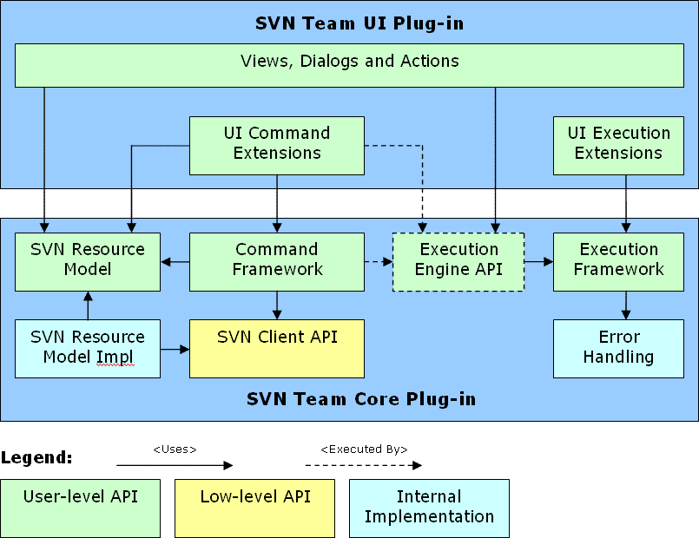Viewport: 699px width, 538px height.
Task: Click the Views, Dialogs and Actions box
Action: [349, 65]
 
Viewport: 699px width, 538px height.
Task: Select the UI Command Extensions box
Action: [277, 146]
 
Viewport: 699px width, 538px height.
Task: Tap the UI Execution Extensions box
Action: [618, 146]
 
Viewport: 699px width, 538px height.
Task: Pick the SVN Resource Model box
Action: [88, 262]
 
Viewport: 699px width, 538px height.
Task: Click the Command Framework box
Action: [277, 262]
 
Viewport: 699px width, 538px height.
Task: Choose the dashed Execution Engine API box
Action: [458, 262]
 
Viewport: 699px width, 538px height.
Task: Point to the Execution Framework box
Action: [618, 262]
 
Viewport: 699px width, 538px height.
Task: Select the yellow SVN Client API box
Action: [277, 349]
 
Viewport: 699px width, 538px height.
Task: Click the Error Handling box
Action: [618, 349]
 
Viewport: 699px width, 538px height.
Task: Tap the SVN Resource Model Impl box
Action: [88, 349]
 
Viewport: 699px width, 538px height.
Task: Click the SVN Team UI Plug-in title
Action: [359, 23]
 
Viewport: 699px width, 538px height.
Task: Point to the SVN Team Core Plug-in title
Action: [361, 399]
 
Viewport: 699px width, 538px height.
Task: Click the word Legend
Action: [36, 458]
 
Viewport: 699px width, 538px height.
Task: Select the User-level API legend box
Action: [80, 508]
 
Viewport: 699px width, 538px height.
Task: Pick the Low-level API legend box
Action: [254, 508]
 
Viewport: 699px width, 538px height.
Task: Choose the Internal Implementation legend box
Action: [429, 508]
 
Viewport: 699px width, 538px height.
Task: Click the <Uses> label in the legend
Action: [175, 449]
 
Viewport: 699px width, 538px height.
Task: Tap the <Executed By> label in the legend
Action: [364, 449]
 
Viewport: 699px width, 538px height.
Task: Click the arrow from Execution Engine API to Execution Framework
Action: [539, 262]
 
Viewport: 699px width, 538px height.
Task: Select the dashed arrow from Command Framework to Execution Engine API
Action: [379, 262]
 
